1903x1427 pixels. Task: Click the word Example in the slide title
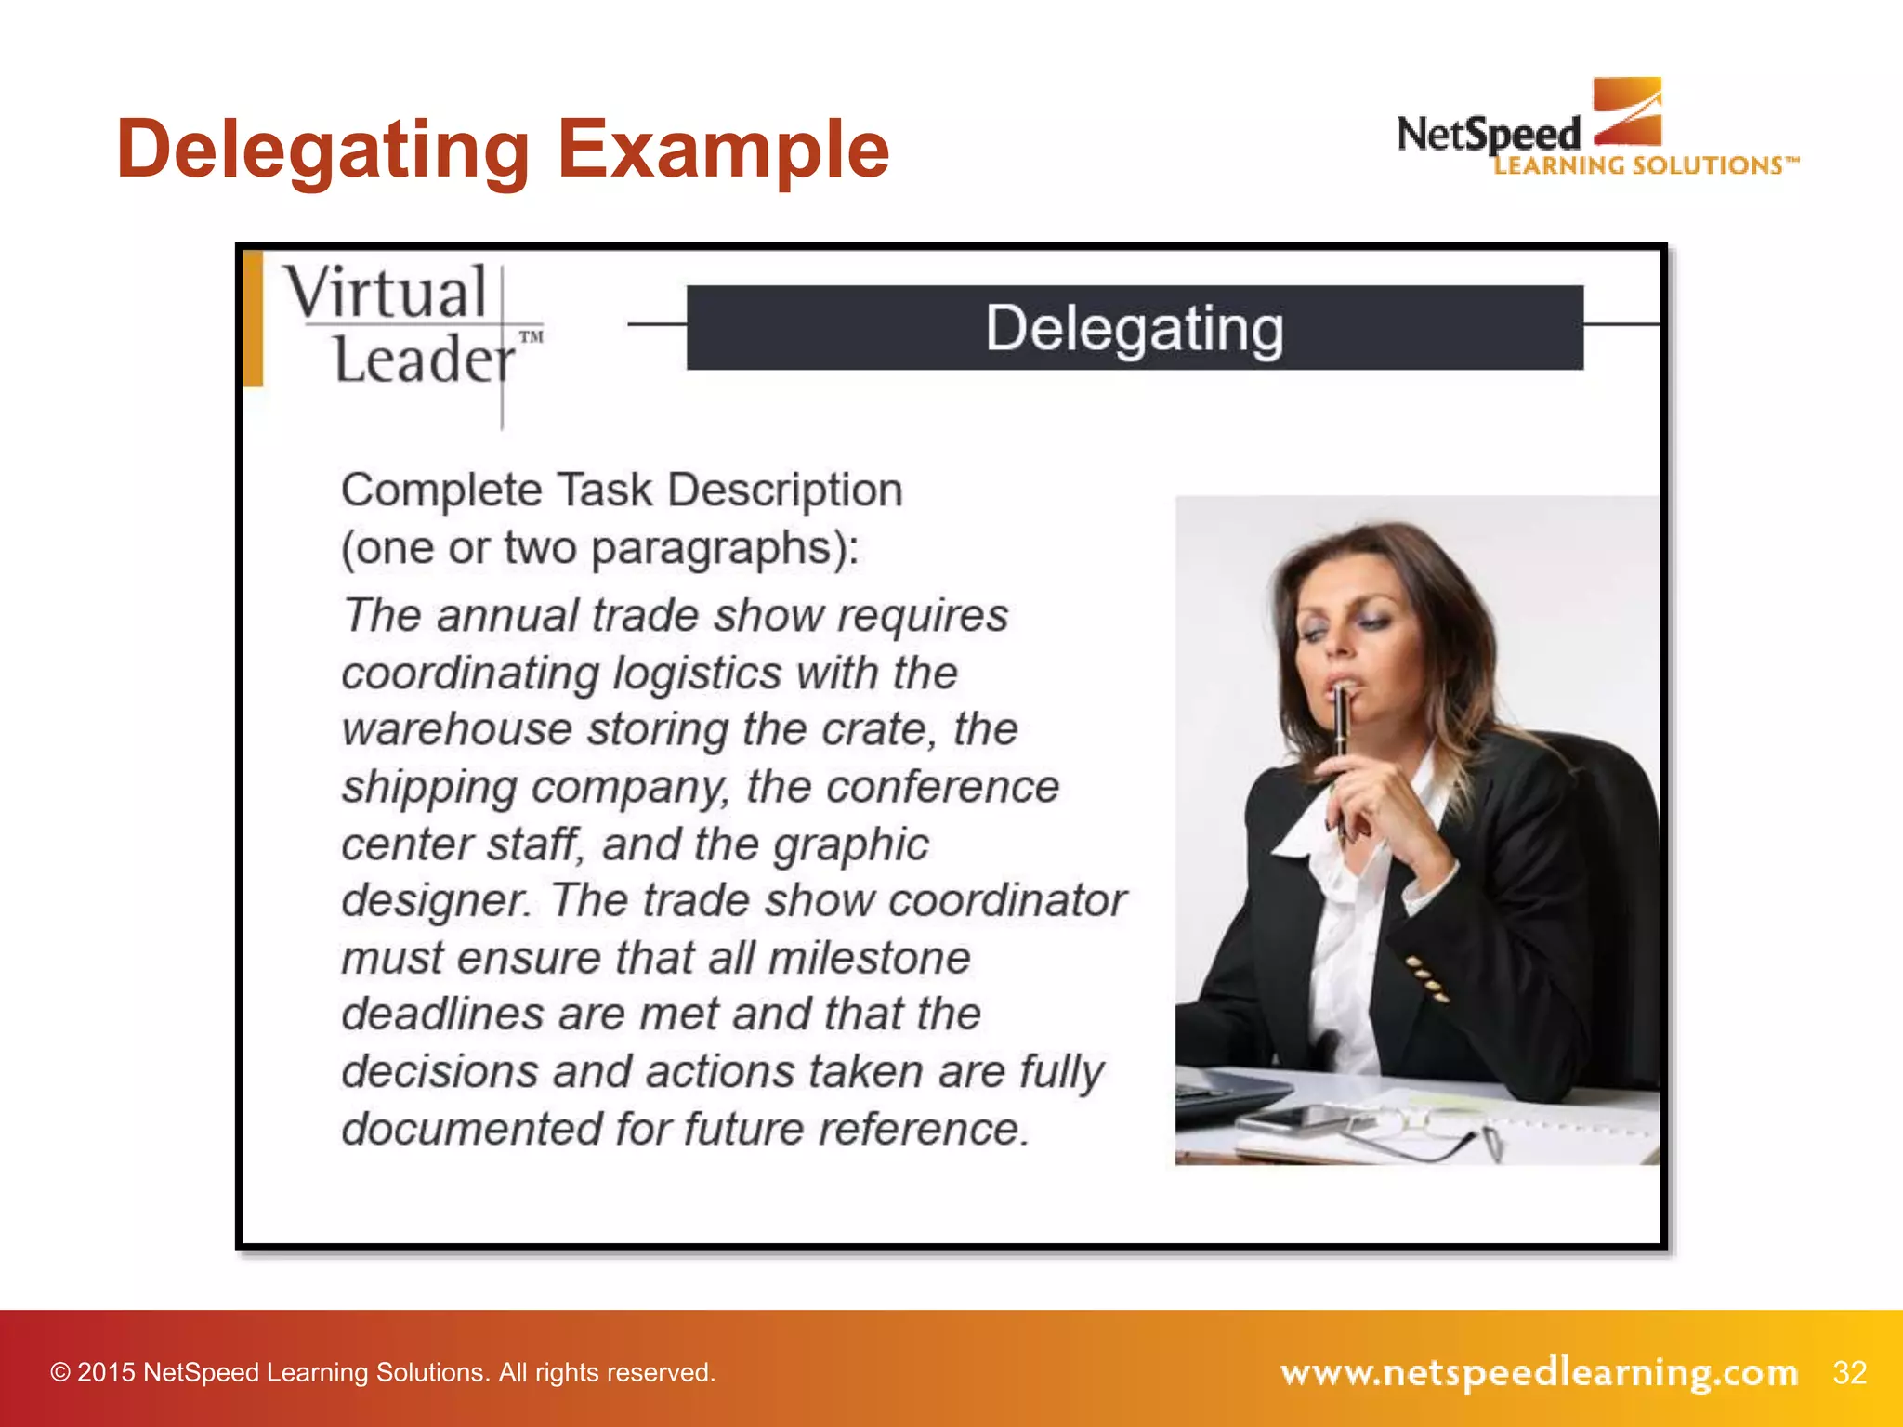723,150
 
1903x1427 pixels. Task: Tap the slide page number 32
1849,1372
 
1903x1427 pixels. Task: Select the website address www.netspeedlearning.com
1539,1372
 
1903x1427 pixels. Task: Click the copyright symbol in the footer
60,1373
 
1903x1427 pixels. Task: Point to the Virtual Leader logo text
400,325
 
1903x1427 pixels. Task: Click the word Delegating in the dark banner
1135,328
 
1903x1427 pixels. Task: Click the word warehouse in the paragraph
456,729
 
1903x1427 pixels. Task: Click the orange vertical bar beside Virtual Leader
253,319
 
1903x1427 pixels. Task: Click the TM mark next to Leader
532,336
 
